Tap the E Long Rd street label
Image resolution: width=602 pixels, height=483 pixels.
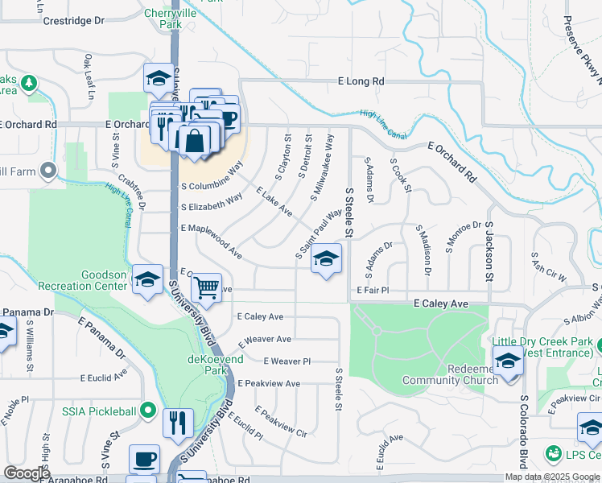click(361, 81)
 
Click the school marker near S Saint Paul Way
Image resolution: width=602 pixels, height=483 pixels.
click(326, 258)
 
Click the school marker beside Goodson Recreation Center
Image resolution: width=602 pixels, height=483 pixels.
click(147, 279)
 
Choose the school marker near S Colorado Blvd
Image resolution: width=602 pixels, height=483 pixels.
click(508, 361)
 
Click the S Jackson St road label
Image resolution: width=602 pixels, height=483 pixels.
click(489, 250)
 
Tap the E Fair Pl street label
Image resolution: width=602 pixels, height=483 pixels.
click(373, 290)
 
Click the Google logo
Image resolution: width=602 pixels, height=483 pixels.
click(26, 473)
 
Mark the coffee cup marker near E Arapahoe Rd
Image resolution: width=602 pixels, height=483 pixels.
click(144, 460)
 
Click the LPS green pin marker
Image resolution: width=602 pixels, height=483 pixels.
click(554, 455)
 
